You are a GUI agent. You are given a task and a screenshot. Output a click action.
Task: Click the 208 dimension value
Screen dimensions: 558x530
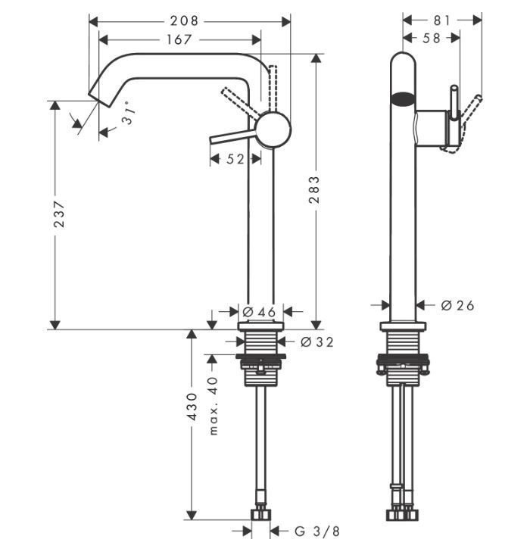[184, 20]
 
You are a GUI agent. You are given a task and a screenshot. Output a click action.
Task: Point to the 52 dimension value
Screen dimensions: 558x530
[235, 159]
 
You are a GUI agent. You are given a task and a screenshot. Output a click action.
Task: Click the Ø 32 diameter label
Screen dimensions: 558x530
[316, 341]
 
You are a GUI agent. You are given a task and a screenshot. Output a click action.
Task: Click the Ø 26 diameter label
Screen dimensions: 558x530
[457, 305]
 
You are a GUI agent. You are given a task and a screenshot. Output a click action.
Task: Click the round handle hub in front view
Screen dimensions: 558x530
[273, 129]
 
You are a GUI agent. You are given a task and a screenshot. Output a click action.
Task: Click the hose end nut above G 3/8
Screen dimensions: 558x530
[261, 515]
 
